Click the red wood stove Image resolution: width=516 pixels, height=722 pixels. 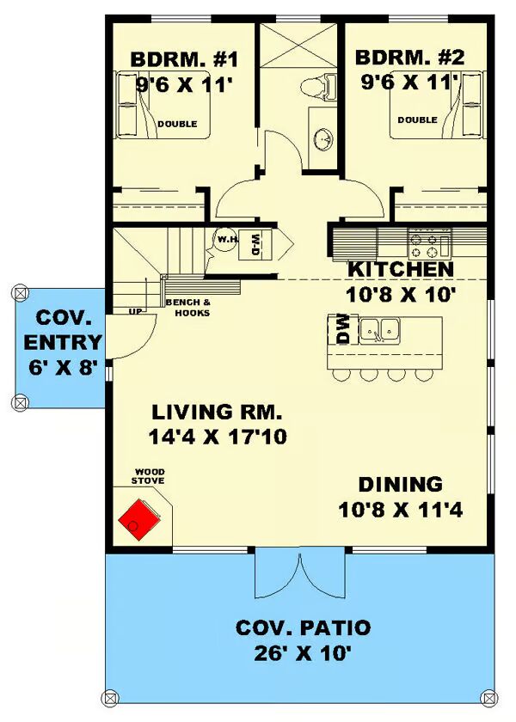(x=139, y=520)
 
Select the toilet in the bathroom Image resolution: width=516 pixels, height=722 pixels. (x=319, y=86)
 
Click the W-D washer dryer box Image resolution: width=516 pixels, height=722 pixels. (x=255, y=244)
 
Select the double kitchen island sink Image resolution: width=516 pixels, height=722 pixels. (x=379, y=331)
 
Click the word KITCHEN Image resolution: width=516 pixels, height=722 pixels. (x=401, y=269)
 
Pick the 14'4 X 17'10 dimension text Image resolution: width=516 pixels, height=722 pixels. (x=218, y=437)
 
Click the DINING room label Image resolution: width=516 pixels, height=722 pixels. (x=401, y=485)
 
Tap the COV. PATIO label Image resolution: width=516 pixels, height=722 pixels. (x=303, y=627)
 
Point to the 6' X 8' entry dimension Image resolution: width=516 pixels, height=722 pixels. (x=63, y=368)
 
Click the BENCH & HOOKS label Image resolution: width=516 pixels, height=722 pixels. (x=188, y=308)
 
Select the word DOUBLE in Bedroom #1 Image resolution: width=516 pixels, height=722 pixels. (x=177, y=124)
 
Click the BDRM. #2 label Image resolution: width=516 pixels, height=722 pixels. (x=409, y=58)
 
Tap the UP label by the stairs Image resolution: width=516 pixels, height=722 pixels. (x=136, y=312)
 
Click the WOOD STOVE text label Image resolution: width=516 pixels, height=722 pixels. (x=148, y=476)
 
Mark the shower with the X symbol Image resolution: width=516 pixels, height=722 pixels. (x=298, y=45)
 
